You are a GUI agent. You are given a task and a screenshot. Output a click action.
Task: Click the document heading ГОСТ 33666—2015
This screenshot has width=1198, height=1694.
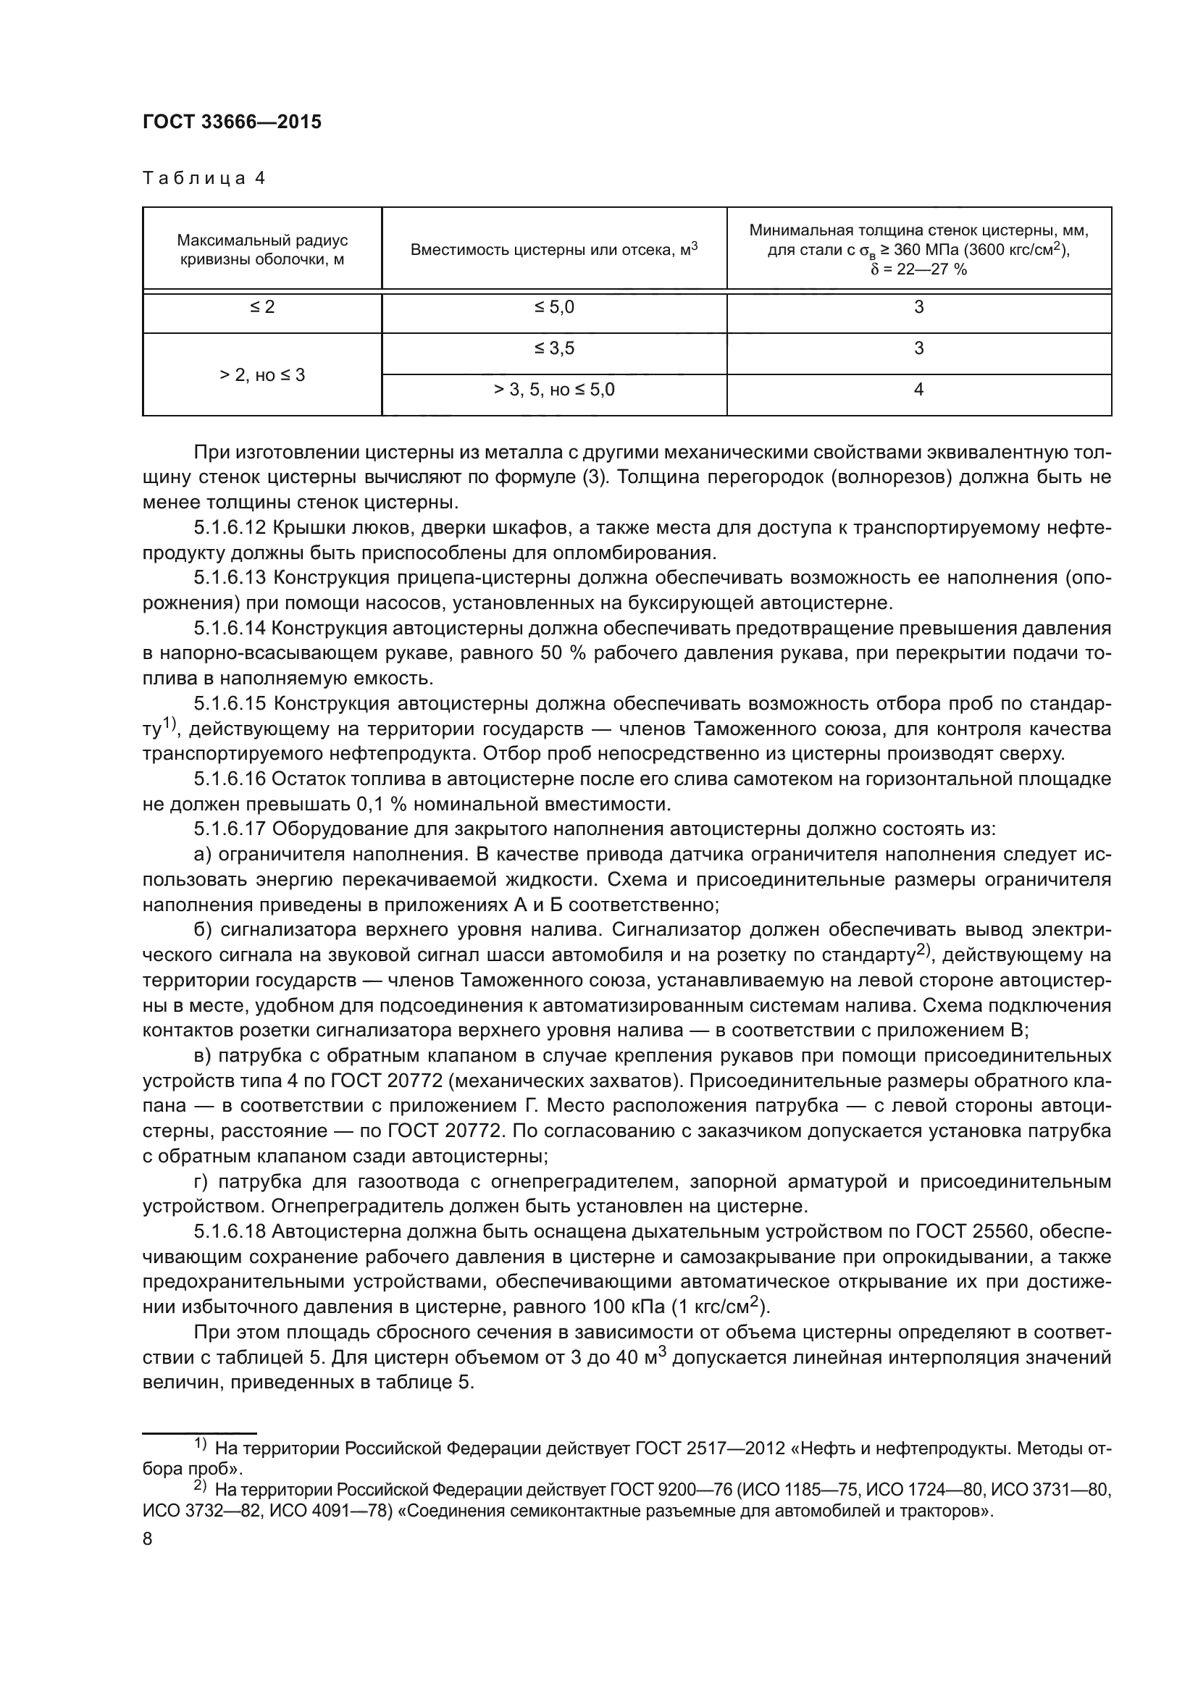pos(232,122)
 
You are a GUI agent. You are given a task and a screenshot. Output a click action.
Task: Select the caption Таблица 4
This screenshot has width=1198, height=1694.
pos(204,179)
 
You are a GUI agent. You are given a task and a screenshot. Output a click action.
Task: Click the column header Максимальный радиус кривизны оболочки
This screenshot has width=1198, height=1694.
pos(262,249)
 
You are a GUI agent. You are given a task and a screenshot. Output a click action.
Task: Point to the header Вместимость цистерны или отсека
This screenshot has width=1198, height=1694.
pos(553,249)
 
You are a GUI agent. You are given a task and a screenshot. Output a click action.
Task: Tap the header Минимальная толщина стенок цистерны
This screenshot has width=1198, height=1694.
pos(918,249)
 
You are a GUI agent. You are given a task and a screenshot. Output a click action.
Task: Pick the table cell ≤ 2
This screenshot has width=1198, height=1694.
pos(262,307)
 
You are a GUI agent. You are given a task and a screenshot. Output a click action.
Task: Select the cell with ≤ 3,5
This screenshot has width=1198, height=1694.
pos(553,348)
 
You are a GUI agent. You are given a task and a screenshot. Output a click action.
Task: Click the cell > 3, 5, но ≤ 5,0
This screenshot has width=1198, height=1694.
pos(553,390)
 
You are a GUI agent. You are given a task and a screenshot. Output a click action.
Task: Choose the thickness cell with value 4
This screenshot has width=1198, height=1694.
pos(918,390)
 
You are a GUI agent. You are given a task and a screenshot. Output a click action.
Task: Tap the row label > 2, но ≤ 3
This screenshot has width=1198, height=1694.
pos(262,375)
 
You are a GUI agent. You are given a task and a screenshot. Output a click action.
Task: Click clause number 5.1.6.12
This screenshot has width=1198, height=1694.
pos(230,528)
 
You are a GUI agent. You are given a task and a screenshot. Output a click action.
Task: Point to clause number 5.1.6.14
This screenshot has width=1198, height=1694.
pos(230,629)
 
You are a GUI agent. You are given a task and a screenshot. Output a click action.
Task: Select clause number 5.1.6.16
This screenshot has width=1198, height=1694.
pos(230,779)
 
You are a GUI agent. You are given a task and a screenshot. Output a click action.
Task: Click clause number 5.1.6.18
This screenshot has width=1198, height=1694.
pos(230,1231)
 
